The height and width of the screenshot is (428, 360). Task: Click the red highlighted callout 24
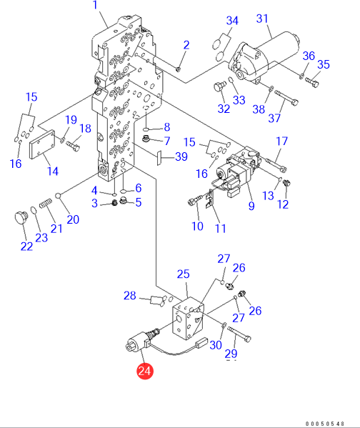click(x=144, y=371)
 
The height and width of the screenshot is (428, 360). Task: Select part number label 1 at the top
click(x=95, y=5)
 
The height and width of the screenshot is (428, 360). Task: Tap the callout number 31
click(x=262, y=19)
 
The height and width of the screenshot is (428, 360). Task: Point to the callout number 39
click(x=181, y=156)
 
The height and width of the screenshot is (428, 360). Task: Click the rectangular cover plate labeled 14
click(x=42, y=144)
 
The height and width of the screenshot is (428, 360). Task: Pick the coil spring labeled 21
click(x=46, y=203)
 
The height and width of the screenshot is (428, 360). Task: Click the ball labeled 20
click(x=58, y=196)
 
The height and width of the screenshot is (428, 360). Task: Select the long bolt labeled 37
click(x=286, y=98)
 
